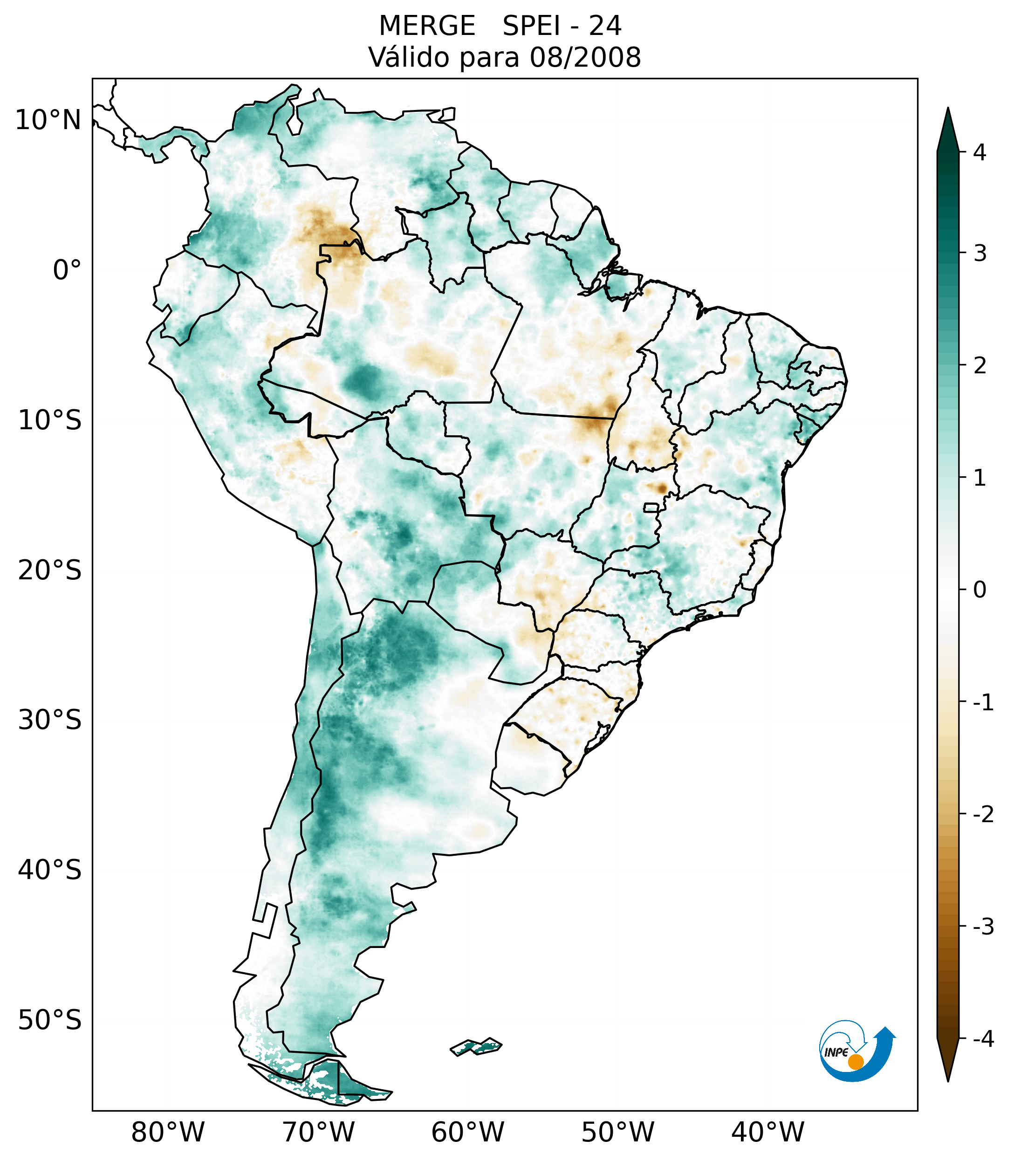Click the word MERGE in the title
(x=427, y=26)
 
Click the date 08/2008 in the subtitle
(x=585, y=57)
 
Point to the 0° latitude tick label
(x=67, y=270)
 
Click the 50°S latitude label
(x=50, y=1020)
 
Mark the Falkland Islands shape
(x=476, y=1046)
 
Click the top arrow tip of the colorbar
(x=947, y=110)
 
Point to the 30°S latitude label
(x=50, y=720)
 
